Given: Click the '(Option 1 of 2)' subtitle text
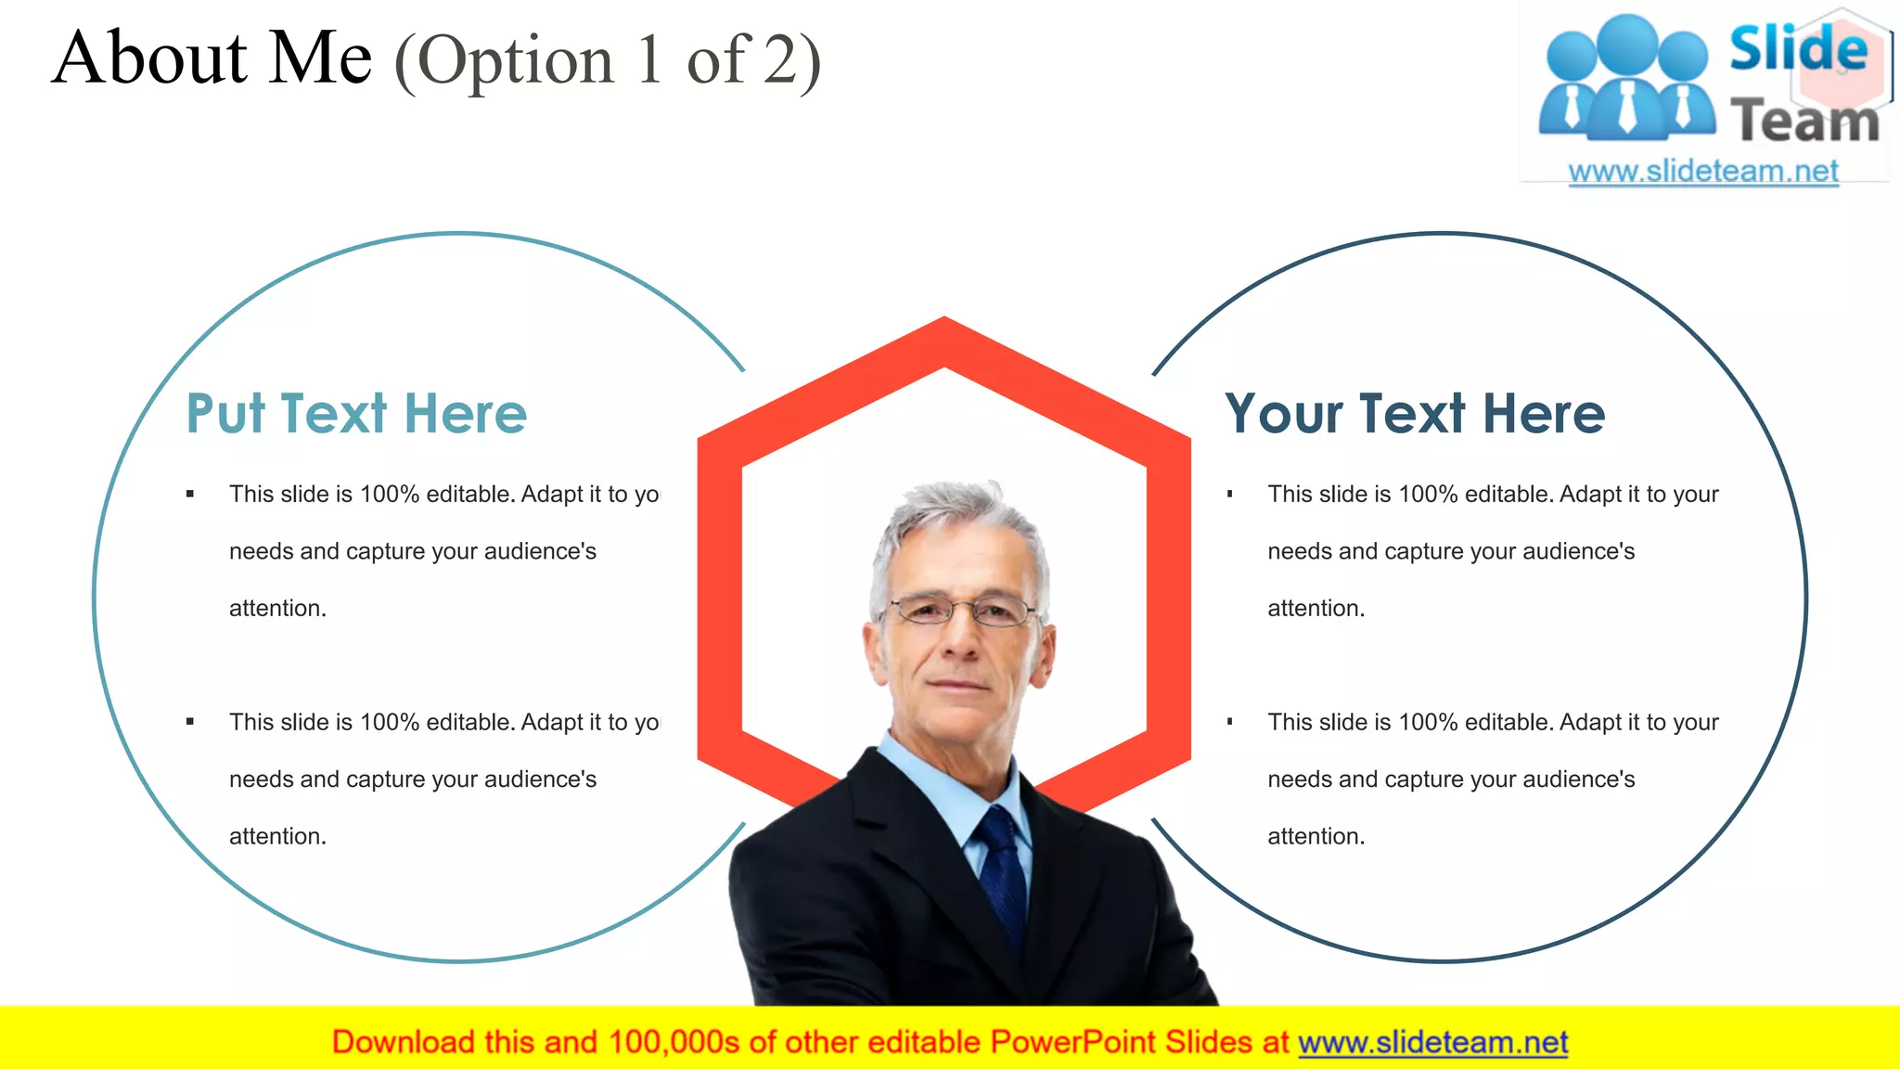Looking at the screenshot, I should pos(608,61).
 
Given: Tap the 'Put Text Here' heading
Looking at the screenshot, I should pos(356,414).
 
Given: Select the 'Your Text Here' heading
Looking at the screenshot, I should pos(1414,414).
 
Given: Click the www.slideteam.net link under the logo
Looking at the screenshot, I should pos(1702,172).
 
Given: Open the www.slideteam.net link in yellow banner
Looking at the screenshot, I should pos(1432,1043).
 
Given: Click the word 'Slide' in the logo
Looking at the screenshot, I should pos(1797,48).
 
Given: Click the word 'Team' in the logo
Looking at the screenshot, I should pos(1804,122).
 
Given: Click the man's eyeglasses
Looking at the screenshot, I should pos(963,611).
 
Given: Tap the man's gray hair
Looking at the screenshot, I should pos(956,515).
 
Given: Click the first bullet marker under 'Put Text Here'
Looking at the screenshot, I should pos(190,494).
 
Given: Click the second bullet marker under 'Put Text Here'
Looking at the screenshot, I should pos(190,722).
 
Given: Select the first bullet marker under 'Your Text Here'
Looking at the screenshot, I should pos(1229,494).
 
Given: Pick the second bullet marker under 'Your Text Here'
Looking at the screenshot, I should pos(1229,722).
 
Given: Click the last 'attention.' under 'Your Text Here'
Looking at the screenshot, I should pos(1316,836).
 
